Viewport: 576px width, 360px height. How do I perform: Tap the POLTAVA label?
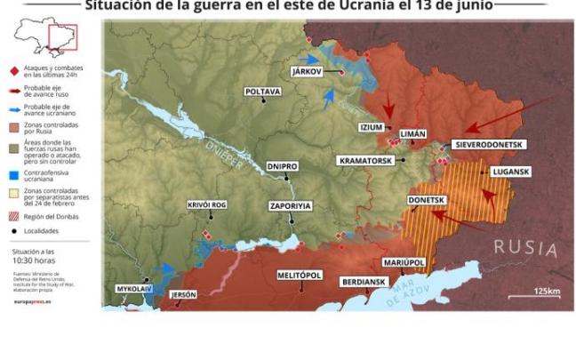(x=263, y=92)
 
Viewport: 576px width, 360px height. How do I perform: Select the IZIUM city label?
(x=372, y=127)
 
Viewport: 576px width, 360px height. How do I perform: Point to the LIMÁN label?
(x=412, y=132)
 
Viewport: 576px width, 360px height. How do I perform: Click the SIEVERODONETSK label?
(x=490, y=144)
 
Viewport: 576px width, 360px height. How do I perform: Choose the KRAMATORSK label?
(x=369, y=161)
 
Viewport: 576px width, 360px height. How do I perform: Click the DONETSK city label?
(x=426, y=200)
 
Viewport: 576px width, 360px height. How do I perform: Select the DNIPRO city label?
(x=282, y=166)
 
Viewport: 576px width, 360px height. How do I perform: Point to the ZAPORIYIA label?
(x=291, y=205)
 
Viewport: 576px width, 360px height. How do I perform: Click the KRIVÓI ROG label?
(x=207, y=204)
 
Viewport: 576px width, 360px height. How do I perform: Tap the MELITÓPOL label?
(x=300, y=275)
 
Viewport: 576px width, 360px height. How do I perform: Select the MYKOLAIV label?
(x=134, y=289)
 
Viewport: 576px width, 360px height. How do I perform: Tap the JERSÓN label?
(x=182, y=294)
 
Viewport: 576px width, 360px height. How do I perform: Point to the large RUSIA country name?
(x=525, y=246)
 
